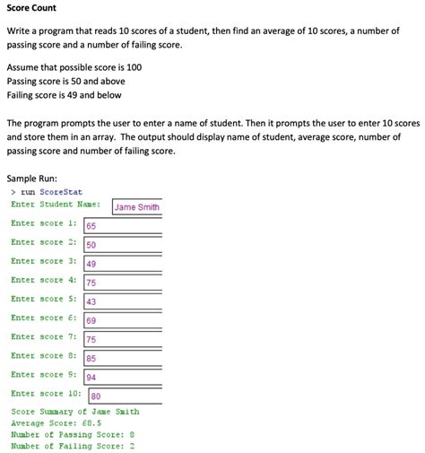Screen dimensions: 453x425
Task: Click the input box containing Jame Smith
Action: coord(136,207)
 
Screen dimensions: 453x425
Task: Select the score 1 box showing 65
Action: coord(123,226)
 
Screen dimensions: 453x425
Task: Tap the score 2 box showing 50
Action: coord(123,245)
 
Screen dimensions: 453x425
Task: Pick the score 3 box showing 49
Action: coord(123,264)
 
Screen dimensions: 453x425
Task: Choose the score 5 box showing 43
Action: coord(123,301)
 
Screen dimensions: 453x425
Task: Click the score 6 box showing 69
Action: coord(123,320)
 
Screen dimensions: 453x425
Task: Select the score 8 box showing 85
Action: coord(123,358)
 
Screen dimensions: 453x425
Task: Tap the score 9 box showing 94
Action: coord(123,377)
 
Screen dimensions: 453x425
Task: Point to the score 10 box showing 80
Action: coord(126,396)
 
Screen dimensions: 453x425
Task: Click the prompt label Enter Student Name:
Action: coord(56,205)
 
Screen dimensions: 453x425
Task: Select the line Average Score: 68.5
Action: coord(56,423)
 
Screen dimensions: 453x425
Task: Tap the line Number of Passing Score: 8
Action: coord(72,434)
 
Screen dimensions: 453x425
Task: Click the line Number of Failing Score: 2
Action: coord(72,446)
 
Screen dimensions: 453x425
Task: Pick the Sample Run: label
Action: coord(31,179)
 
